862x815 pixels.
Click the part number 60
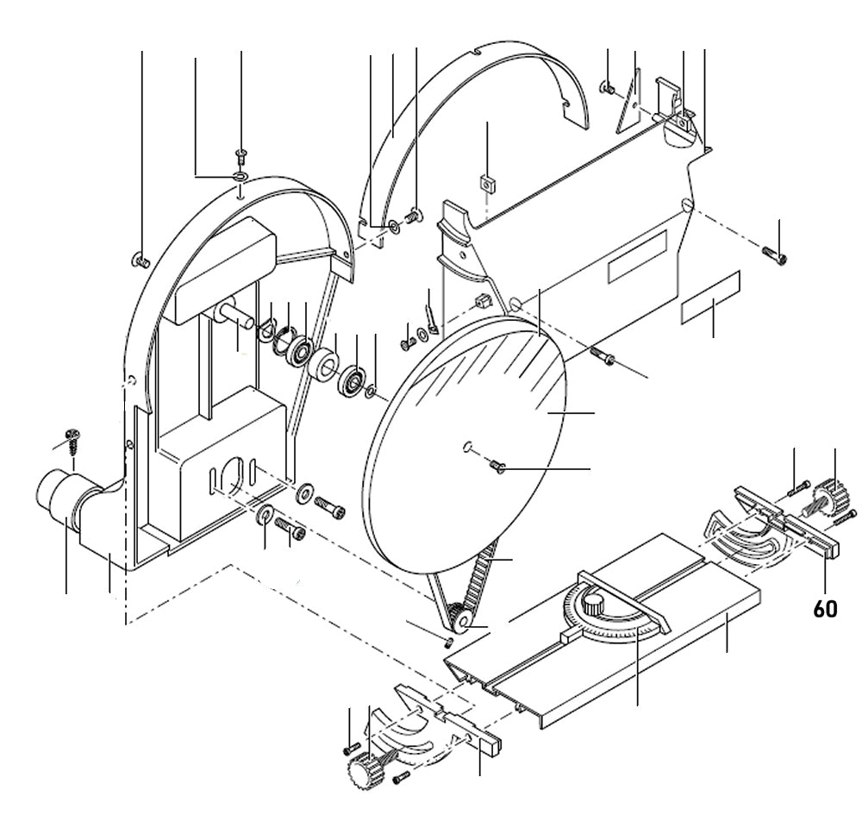825,608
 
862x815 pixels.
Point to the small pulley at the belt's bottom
456,617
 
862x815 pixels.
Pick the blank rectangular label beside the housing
711,298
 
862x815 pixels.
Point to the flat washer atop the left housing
240,177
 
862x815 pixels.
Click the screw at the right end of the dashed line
774,253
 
